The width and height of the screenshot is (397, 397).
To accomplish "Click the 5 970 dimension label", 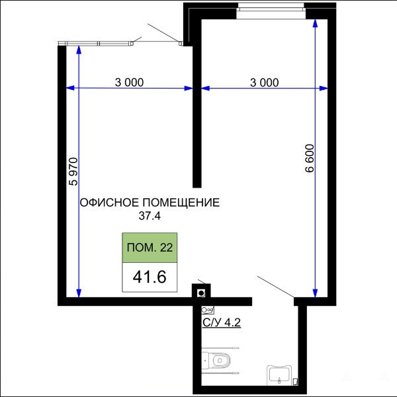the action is [x=73, y=172].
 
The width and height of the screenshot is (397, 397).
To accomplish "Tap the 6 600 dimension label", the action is [x=310, y=159].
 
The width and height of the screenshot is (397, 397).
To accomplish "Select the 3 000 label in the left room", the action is [x=129, y=83].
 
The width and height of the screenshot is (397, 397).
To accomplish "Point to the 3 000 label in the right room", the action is [x=264, y=83].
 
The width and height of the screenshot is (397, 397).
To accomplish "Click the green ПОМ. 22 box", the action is [x=150, y=248].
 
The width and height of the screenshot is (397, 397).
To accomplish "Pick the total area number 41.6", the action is [x=150, y=277].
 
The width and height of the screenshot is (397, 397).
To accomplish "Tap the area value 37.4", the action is [x=150, y=216].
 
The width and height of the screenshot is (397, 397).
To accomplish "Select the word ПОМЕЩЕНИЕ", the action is [x=181, y=203].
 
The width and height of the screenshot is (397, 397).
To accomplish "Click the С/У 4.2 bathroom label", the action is [x=222, y=322].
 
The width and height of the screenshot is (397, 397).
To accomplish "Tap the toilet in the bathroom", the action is [x=216, y=360].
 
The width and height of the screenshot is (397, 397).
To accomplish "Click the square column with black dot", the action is [x=201, y=293].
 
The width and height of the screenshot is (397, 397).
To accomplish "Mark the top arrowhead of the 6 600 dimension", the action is [x=315, y=23].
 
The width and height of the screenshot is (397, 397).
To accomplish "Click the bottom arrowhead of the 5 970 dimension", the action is [x=79, y=294].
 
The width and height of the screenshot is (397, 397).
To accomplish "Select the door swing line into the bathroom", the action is [x=276, y=287].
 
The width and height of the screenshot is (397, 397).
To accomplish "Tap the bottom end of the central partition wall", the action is [x=197, y=188].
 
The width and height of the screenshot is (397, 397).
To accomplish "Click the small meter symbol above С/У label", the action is [x=208, y=310].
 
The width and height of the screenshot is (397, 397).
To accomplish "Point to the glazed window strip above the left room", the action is [x=95, y=44].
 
